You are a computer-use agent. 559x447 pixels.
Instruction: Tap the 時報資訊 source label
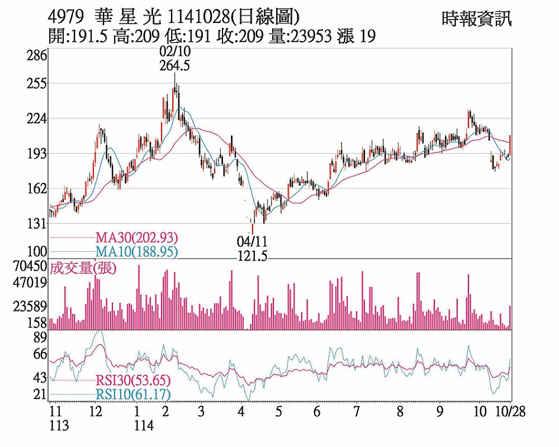click(476, 19)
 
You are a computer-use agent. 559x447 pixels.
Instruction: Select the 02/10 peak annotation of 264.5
click(174, 59)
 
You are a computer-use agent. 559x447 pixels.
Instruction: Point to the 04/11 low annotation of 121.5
click(252, 249)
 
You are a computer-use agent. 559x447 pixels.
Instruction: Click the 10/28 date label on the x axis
click(511, 411)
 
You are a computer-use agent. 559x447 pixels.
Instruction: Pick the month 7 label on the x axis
click(356, 412)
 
